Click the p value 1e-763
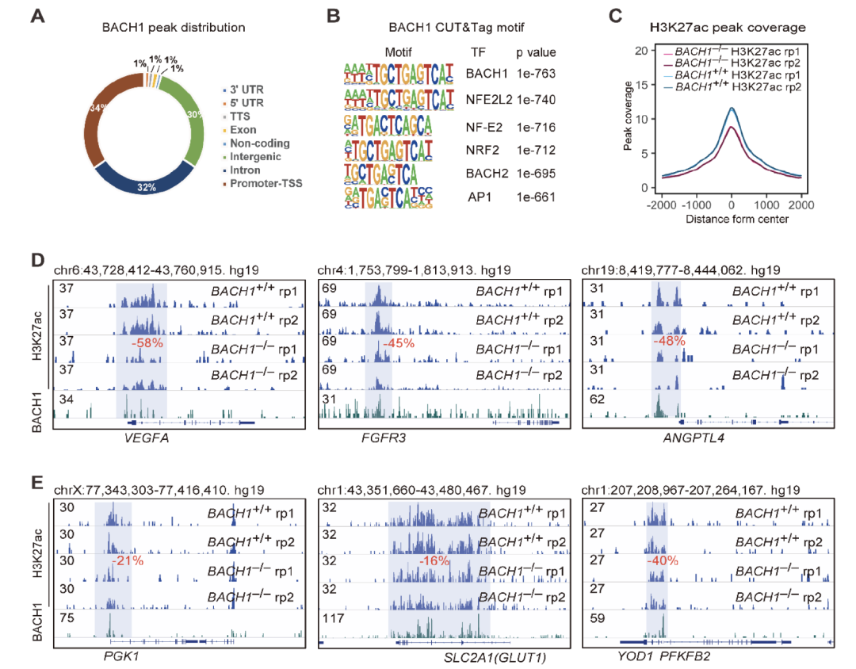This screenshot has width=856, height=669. [536, 74]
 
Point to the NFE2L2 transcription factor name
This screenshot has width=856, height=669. [485, 100]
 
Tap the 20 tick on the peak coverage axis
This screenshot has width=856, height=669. [643, 51]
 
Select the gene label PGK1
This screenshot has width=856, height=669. [121, 655]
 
